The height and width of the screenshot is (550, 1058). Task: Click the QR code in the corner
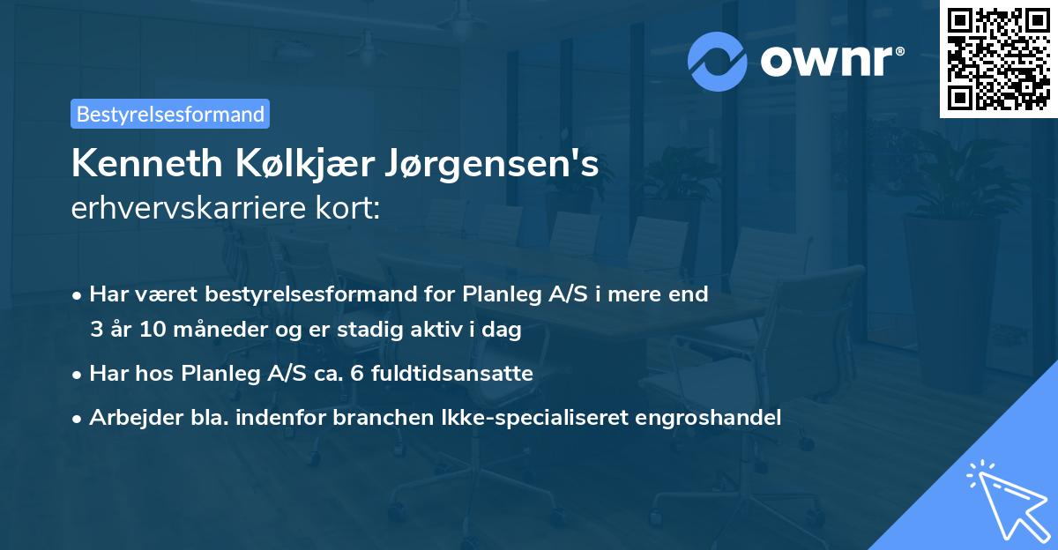click(998, 58)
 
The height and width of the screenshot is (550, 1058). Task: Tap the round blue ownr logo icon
click(718, 61)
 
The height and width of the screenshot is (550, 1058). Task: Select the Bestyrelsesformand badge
click(170, 114)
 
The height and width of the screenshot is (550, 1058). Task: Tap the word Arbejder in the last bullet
click(129, 417)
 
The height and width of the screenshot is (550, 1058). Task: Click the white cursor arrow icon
click(1004, 499)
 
